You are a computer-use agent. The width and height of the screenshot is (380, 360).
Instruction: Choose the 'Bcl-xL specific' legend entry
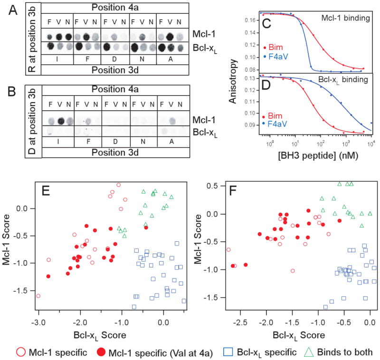261,351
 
